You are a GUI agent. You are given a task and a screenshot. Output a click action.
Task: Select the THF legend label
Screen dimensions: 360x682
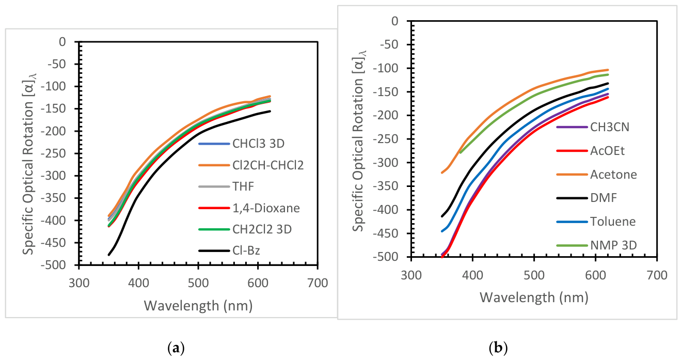pyautogui.click(x=244, y=186)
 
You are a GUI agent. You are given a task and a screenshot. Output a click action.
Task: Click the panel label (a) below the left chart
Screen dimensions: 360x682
pyautogui.click(x=177, y=348)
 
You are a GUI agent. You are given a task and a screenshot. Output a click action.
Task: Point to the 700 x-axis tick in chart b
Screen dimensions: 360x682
pyautogui.click(x=656, y=271)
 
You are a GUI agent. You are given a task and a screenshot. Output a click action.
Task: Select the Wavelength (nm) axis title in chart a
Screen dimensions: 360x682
pyautogui.click(x=198, y=305)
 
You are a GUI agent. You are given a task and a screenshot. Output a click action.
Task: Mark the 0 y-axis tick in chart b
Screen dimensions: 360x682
pyautogui.click(x=395, y=21)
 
